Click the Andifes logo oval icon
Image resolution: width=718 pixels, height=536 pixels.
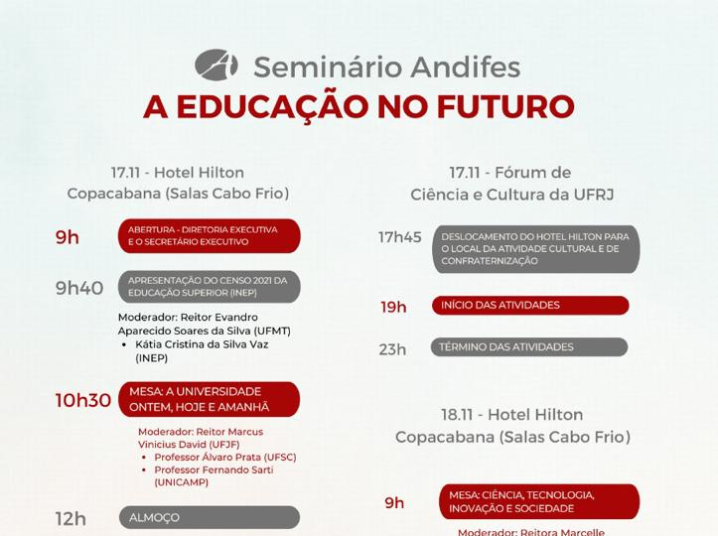[216, 65]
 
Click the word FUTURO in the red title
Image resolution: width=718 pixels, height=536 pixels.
[506, 107]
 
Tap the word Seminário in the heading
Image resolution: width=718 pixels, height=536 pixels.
[328, 67]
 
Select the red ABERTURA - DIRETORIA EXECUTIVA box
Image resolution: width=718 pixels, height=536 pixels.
[210, 235]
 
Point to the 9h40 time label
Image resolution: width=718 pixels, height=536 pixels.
[79, 288]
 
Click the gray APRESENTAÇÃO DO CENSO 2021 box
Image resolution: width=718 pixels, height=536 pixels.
[210, 287]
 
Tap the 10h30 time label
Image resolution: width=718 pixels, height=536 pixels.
[82, 400]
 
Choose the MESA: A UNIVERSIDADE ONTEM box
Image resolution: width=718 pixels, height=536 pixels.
[210, 399]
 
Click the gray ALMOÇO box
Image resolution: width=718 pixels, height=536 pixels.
[210, 518]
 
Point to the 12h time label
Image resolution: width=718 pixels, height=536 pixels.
[71, 519]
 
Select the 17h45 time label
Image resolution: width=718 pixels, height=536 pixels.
[400, 237]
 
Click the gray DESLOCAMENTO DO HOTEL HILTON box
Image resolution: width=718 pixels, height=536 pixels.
[536, 249]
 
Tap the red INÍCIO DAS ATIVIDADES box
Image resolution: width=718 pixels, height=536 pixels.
[530, 306]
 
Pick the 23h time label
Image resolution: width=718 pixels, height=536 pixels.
[392, 349]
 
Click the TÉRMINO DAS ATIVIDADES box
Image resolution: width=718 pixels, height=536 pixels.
[529, 347]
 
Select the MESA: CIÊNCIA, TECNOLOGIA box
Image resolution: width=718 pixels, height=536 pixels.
[539, 501]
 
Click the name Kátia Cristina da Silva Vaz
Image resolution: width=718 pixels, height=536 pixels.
[202, 344]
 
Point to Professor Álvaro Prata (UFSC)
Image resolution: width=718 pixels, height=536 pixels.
[225, 457]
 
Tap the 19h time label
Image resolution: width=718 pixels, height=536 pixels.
[393, 307]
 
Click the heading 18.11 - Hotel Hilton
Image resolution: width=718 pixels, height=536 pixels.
[512, 415]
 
